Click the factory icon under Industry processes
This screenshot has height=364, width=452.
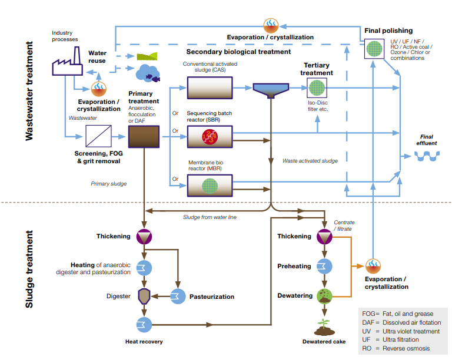(x=66, y=61)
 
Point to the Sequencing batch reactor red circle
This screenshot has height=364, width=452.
(x=210, y=137)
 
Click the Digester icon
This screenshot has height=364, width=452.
(x=144, y=296)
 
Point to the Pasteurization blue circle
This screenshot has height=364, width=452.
(x=178, y=296)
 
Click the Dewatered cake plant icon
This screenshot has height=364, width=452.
(x=323, y=326)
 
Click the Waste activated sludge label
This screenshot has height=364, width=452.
(x=310, y=160)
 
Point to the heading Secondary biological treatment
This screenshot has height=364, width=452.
(x=238, y=52)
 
